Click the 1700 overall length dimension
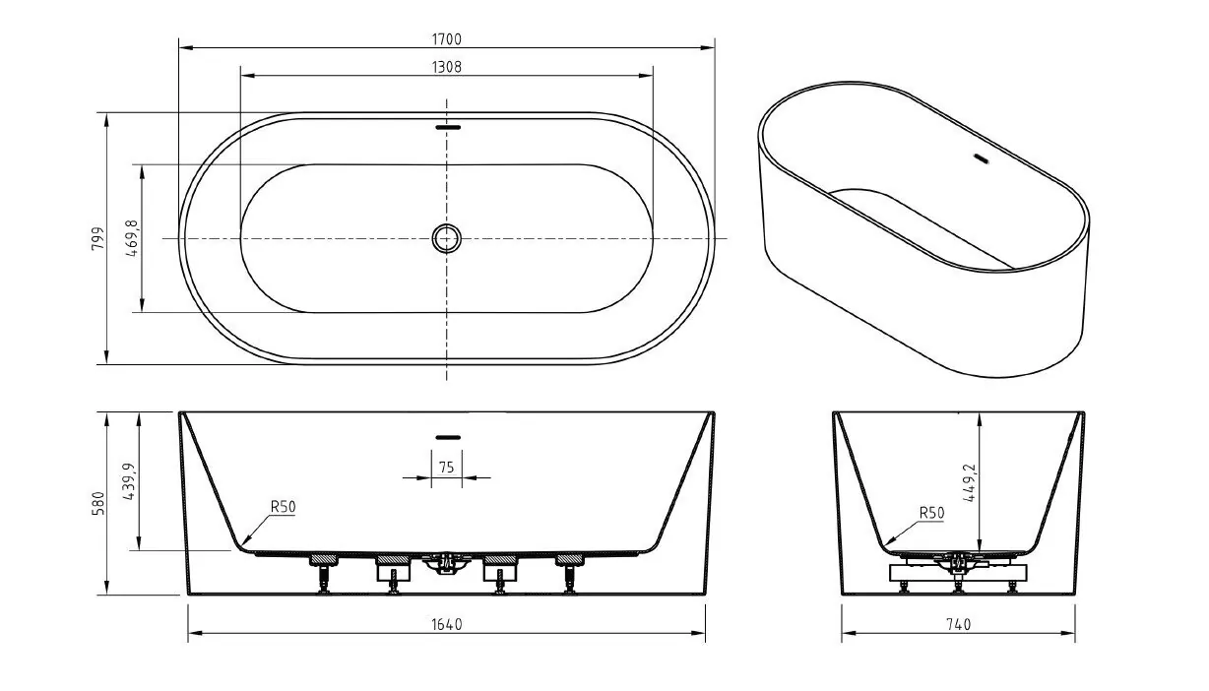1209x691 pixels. [x=446, y=39]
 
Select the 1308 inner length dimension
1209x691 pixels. [x=446, y=67]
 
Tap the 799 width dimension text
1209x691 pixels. [x=98, y=238]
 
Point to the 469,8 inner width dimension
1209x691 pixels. [x=132, y=238]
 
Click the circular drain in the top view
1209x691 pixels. [x=446, y=238]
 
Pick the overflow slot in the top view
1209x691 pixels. [x=448, y=128]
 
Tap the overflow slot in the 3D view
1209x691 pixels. [x=981, y=158]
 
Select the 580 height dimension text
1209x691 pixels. [x=98, y=503]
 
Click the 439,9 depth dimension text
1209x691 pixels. [x=130, y=481]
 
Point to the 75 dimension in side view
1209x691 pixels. [x=446, y=468]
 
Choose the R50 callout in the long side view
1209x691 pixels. [x=283, y=507]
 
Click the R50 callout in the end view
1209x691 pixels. [x=931, y=513]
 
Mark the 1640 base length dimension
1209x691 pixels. [x=446, y=625]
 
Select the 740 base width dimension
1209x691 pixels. [x=958, y=625]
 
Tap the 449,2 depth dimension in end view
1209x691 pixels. [x=971, y=483]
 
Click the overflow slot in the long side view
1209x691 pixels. [x=448, y=437]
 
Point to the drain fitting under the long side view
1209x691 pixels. [x=446, y=563]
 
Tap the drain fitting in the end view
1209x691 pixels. [x=959, y=564]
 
